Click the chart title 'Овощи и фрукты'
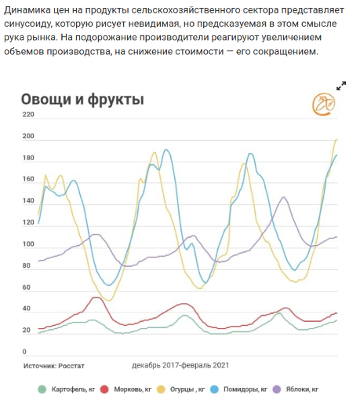[x=82, y=100]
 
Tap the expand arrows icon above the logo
[x=341, y=86]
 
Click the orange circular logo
[x=323, y=104]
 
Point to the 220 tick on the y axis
[x=28, y=115]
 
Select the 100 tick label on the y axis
[x=28, y=244]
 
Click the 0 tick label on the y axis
[x=24, y=352]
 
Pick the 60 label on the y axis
[x=27, y=287]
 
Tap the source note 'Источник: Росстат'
[x=54, y=366]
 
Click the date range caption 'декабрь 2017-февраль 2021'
[x=180, y=365]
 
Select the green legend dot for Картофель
[x=42, y=389]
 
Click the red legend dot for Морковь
[x=104, y=389]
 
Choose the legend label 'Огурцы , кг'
[x=187, y=389]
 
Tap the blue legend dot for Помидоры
[x=214, y=389]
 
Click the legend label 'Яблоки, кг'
[x=302, y=389]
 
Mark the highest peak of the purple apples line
[x=284, y=197]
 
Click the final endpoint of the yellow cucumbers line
[x=336, y=139]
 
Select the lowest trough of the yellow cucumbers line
[x=109, y=301]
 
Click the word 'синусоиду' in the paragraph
[x=27, y=24]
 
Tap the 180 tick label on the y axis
[x=28, y=158]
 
